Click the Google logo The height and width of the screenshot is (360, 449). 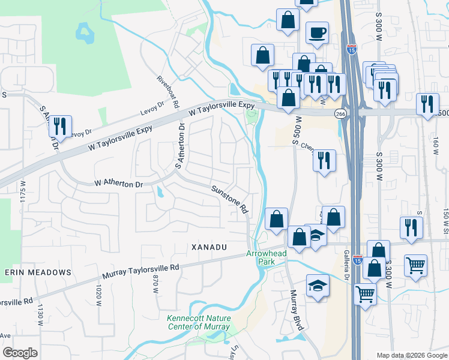19,353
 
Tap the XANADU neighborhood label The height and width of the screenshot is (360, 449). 209,247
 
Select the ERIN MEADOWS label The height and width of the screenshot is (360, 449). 38,272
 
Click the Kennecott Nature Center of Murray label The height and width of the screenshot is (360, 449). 198,322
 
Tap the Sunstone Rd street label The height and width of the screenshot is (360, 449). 229,199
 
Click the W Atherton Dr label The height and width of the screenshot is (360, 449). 119,184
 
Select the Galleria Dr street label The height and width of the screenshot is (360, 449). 346,265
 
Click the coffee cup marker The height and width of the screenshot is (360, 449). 317,32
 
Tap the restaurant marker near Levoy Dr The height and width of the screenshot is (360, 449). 60,126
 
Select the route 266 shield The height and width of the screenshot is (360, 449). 340,113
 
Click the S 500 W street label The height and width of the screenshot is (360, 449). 296,131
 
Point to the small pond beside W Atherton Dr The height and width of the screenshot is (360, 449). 160,192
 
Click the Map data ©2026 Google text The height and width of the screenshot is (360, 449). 412,355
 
